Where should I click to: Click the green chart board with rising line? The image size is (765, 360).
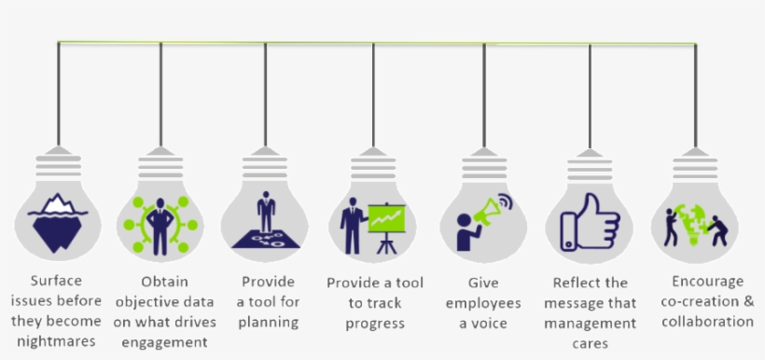[x=386, y=220]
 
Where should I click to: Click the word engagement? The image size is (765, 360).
[x=165, y=341]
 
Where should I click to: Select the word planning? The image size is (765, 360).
[x=268, y=323]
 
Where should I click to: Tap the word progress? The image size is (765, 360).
[x=375, y=323]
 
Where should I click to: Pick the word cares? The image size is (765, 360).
[x=590, y=343]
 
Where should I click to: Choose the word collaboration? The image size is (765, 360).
[x=707, y=321]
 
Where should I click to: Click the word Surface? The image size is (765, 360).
[x=56, y=280]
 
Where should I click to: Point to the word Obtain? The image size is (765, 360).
[x=165, y=282]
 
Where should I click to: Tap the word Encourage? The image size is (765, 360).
[x=707, y=281]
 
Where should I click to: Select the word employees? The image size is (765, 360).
[x=483, y=303]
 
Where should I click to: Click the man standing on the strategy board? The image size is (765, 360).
[x=268, y=210]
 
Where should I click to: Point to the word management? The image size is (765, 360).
[x=590, y=323]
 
